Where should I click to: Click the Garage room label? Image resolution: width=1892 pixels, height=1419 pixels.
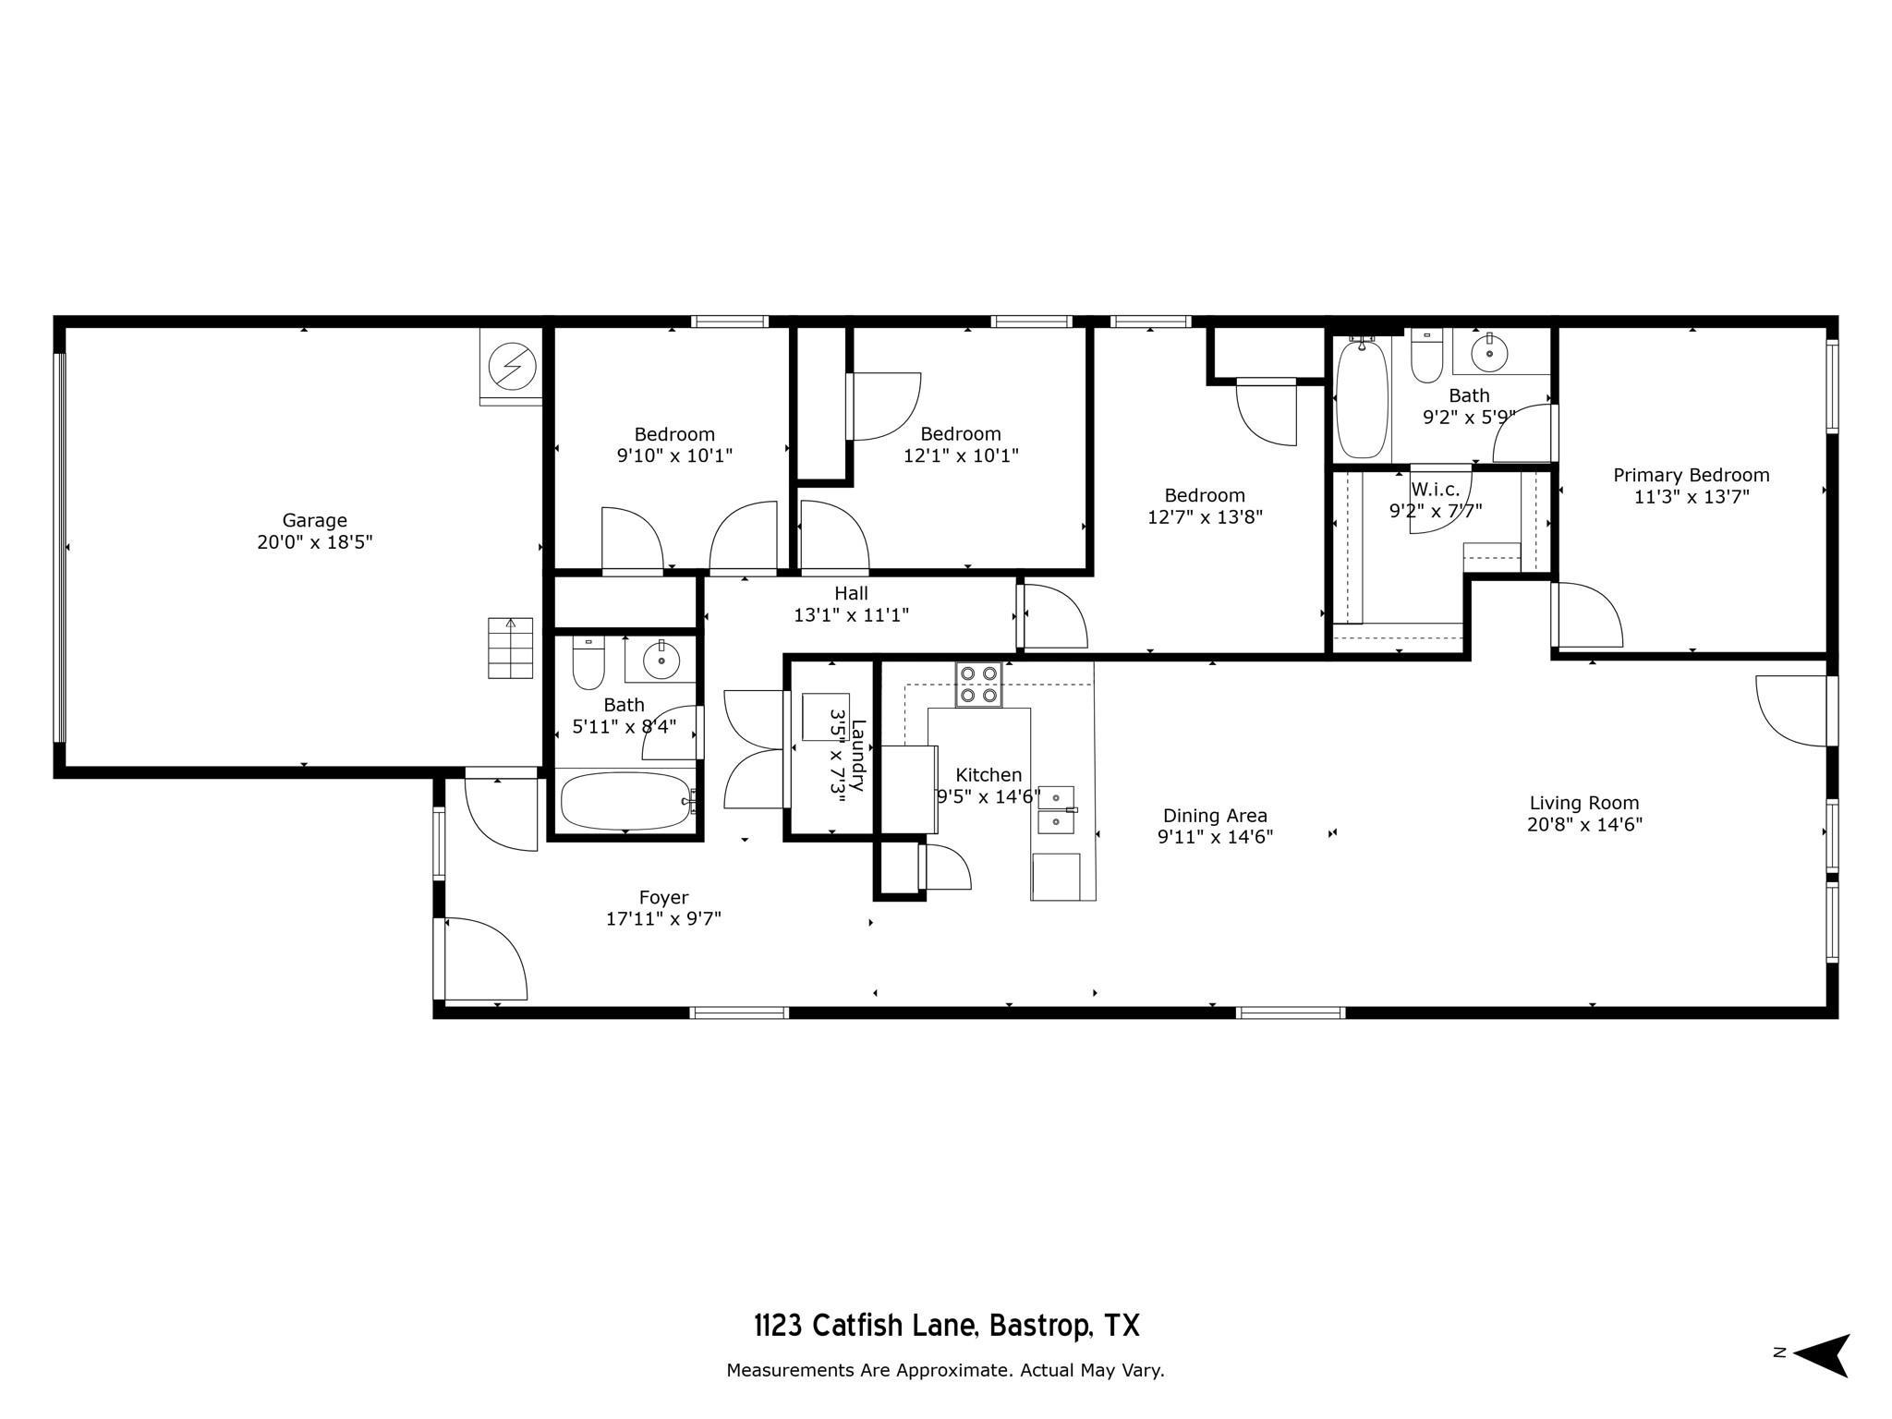(x=314, y=520)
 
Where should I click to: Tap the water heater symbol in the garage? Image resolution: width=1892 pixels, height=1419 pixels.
(x=511, y=367)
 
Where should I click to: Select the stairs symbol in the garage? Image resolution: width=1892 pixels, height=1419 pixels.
(x=510, y=649)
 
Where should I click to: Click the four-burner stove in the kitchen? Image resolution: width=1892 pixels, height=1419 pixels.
(x=978, y=685)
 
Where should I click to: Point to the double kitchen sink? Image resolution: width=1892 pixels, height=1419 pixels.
(x=1056, y=809)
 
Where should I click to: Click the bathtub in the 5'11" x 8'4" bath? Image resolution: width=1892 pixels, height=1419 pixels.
(x=625, y=802)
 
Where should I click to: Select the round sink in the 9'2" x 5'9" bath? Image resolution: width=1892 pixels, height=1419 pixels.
(x=1488, y=352)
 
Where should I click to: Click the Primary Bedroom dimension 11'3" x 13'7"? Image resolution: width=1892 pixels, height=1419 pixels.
(x=1691, y=497)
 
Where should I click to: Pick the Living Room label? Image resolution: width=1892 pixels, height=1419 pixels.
(x=1583, y=803)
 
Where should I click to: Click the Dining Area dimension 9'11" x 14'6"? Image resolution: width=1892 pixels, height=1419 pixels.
(x=1215, y=837)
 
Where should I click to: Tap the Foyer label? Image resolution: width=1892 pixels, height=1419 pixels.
(x=663, y=897)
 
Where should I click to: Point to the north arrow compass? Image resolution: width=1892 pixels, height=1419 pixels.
(x=1820, y=1355)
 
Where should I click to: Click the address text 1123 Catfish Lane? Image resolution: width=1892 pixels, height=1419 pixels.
(x=946, y=1326)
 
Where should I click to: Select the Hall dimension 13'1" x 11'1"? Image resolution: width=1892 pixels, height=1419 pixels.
(x=851, y=614)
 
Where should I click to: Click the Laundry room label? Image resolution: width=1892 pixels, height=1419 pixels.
(x=858, y=755)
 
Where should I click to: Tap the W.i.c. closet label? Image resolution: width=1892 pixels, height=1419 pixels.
(x=1435, y=490)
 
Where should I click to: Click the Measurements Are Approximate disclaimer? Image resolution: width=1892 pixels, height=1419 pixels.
(x=945, y=1370)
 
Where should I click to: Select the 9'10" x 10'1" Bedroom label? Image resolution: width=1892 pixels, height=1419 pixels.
(x=673, y=434)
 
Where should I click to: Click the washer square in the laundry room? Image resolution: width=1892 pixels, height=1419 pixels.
(x=824, y=717)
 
